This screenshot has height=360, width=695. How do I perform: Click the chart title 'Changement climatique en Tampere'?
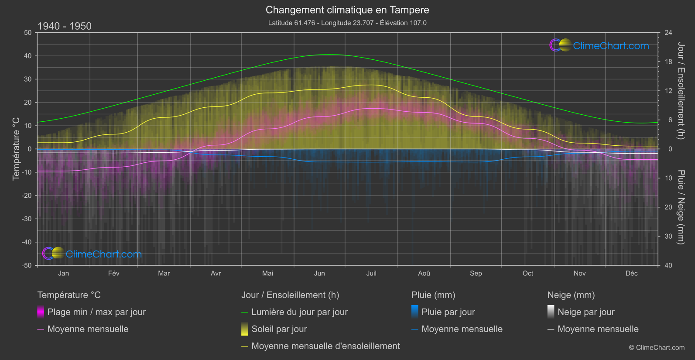click(347, 10)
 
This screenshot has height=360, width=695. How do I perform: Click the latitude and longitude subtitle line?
click(347, 23)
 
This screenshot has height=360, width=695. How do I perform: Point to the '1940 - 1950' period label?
click(65, 26)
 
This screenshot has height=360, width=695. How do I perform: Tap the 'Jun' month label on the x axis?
click(319, 274)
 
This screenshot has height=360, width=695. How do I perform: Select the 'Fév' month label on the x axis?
click(113, 274)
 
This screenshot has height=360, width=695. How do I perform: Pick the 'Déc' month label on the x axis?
click(631, 274)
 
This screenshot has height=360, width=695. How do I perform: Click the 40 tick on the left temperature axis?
click(27, 56)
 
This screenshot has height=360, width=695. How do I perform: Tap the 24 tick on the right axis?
click(668, 33)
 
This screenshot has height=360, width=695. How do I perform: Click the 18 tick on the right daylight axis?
click(668, 62)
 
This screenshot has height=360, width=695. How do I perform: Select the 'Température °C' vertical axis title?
click(16, 149)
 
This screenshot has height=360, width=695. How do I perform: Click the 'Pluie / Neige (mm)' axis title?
click(681, 207)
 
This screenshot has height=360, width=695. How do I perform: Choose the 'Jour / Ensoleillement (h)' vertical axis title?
click(681, 91)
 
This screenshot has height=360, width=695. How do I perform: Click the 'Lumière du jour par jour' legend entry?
click(299, 312)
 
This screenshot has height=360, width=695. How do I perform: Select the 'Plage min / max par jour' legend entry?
click(96, 312)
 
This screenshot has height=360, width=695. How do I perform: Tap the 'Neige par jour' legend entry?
click(586, 312)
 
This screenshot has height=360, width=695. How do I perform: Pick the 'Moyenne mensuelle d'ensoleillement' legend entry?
click(325, 346)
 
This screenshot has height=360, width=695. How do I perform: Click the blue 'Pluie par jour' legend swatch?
click(415, 312)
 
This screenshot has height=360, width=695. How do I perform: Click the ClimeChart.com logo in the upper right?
click(599, 45)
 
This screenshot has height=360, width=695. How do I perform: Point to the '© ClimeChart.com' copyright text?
click(657, 348)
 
